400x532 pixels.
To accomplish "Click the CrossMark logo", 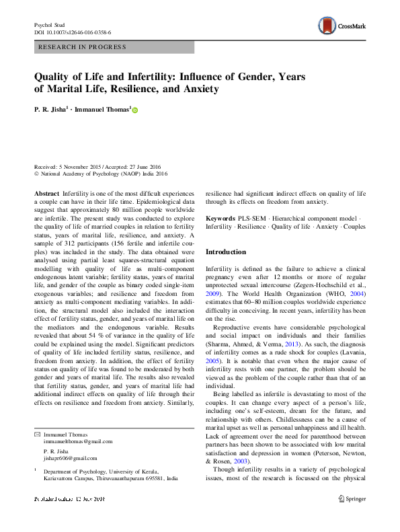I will (x=345, y=26).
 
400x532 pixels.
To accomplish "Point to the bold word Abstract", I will (x=46, y=192).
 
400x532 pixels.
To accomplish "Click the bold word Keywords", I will (x=220, y=219).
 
